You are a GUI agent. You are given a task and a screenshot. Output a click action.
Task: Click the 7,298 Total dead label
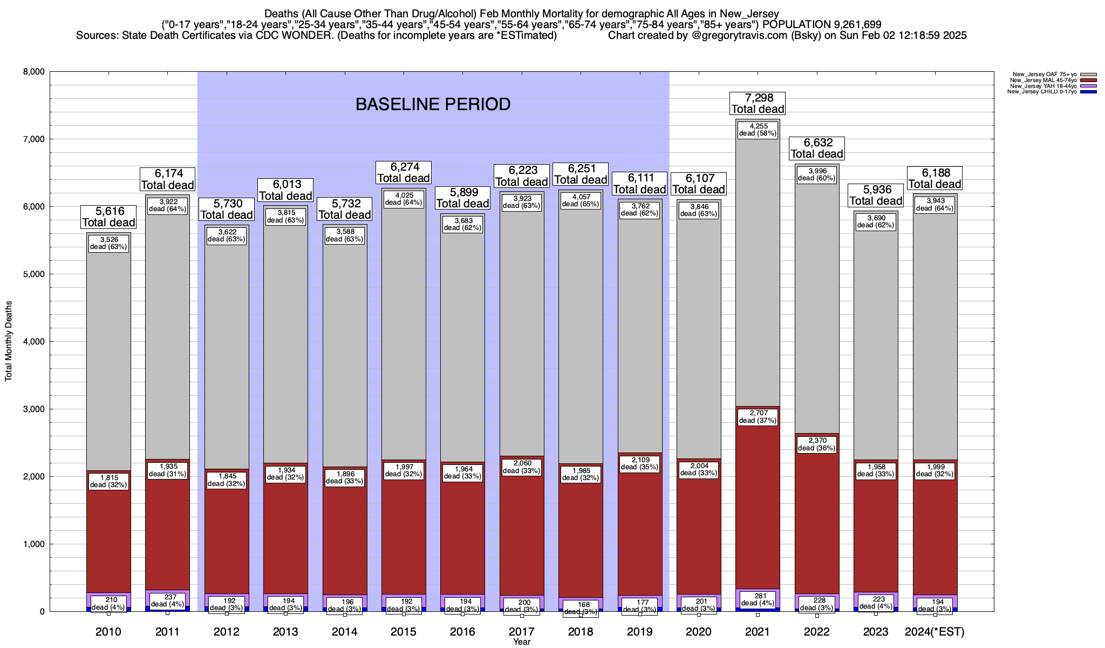click(758, 103)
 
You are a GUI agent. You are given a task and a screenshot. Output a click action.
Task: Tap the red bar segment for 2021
click(758, 497)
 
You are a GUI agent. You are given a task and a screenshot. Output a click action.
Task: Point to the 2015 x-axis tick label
click(404, 632)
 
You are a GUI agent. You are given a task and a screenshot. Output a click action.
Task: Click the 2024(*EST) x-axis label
click(935, 632)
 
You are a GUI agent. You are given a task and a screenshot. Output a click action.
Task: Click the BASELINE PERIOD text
click(433, 104)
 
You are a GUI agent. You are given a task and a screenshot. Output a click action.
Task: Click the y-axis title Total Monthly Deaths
click(9, 341)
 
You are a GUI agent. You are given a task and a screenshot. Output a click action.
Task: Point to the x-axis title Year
click(522, 642)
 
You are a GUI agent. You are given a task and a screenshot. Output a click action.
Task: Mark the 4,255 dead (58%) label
click(758, 130)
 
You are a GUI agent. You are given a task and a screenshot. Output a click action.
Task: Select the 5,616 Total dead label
click(108, 217)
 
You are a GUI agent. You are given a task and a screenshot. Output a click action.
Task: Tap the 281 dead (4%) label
click(758, 599)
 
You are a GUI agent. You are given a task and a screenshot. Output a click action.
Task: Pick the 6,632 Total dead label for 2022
click(817, 148)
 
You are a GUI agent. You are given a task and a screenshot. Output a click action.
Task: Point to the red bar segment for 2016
click(462, 540)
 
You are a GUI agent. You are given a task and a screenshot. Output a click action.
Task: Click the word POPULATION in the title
click(795, 24)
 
